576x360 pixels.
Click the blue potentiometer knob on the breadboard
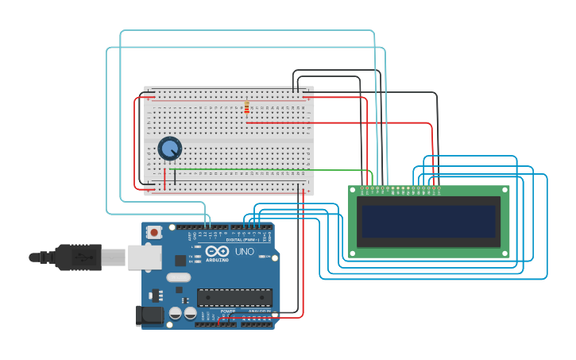tap(169, 148)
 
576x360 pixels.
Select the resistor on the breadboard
tap(246, 107)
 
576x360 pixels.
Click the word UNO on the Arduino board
tap(244, 252)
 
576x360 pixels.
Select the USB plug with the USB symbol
tap(83, 257)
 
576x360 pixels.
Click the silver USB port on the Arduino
tap(145, 257)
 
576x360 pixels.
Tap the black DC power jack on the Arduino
tap(149, 315)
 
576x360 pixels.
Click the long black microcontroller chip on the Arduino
tap(234, 297)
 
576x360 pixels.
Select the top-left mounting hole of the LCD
tap(353, 189)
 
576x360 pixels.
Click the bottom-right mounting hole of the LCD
tap(504, 253)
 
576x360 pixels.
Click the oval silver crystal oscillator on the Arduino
tap(179, 277)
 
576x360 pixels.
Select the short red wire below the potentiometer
tap(164, 180)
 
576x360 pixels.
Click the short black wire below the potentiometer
tap(175, 178)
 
